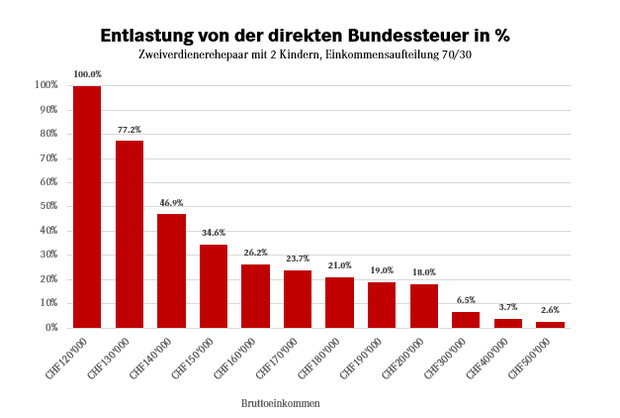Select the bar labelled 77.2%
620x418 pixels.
[130, 234]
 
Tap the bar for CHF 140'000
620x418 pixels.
[171, 270]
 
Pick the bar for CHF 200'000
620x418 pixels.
[424, 305]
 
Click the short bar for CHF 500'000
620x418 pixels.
[550, 324]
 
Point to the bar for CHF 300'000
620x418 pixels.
[466, 319]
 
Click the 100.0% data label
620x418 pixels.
[87, 74]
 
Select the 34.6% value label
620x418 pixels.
[214, 232]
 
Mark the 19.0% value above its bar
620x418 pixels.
[382, 270]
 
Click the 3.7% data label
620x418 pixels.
[508, 307]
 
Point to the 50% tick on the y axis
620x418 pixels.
[48, 206]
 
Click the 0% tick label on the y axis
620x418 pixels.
[51, 328]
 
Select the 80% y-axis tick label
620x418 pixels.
[48, 134]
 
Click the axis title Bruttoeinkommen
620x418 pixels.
[280, 403]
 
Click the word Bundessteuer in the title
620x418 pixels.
[401, 36]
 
